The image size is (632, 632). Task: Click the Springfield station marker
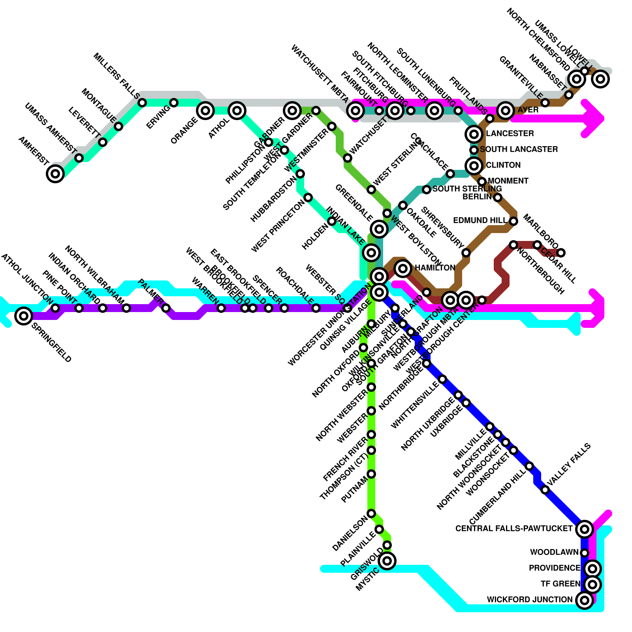coord(24,316)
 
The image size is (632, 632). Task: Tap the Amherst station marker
coord(55,173)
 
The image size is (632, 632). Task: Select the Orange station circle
coord(205,110)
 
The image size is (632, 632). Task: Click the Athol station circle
coord(237,110)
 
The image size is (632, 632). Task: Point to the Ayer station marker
coord(506,110)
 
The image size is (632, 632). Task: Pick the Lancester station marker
coord(474,134)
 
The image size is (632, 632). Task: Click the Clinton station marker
coord(474,166)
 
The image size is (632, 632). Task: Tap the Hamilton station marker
coord(403,268)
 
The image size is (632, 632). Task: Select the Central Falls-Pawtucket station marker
coord(585,529)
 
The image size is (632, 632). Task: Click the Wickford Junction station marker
coord(585,600)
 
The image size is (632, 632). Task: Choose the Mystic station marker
coord(387,561)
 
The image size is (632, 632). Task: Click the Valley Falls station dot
coord(545,490)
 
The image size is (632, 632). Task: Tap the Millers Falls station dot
coord(142,103)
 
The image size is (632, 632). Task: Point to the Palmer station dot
coord(166,308)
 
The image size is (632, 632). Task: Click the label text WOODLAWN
coord(554,552)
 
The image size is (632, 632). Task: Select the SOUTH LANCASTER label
coord(519,149)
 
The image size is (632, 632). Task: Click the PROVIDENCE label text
coord(554,568)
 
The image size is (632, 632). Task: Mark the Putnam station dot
coord(371,474)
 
